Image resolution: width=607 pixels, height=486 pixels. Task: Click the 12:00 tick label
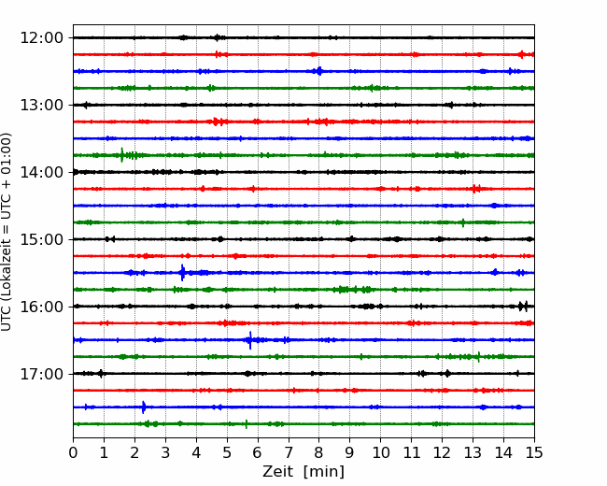41,38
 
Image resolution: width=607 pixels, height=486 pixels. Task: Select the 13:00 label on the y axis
41,105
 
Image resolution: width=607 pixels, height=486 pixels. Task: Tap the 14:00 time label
41,172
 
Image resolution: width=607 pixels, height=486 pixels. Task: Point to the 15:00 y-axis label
41,239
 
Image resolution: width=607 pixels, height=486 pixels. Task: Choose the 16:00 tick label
41,307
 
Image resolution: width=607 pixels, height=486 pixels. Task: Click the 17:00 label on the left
41,374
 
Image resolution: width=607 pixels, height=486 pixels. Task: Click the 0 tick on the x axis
73,452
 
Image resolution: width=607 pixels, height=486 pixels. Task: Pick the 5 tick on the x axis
227,452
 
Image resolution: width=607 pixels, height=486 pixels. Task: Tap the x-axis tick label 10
380,452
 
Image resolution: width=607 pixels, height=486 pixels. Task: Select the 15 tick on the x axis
534,452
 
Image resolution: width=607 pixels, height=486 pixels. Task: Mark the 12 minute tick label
442,452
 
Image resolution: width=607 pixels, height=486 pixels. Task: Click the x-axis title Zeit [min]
303,471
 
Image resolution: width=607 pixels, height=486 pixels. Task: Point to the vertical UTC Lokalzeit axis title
7,232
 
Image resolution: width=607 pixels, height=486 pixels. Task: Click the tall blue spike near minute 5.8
250,340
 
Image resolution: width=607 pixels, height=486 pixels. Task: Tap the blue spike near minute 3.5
183,273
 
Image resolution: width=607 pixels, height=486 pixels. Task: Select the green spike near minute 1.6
122,154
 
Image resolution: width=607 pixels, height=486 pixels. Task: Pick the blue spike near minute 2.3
143,407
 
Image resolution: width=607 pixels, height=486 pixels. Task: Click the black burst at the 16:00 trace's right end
523,307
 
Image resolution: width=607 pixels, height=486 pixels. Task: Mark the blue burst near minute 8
319,71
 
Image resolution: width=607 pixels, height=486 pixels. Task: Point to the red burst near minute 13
475,189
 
